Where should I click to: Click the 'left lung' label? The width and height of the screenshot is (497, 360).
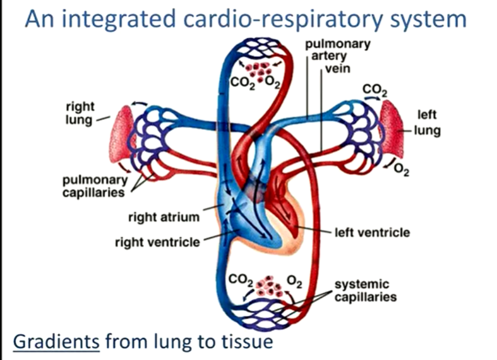point(428,124)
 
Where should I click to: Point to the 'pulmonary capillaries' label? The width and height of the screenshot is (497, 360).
point(93,187)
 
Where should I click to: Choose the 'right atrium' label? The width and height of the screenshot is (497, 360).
point(164,217)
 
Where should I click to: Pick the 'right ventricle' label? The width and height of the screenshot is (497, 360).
point(157,242)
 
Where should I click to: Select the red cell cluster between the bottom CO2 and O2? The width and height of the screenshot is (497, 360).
point(272,286)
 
